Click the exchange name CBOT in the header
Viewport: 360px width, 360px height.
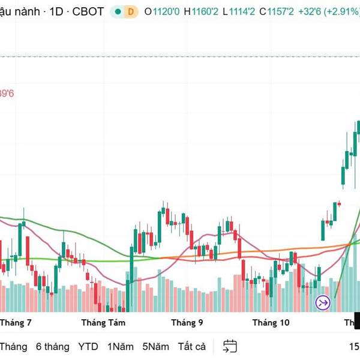[88, 11]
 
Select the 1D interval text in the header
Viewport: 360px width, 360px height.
[58, 11]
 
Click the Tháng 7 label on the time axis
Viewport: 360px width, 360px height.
[16, 323]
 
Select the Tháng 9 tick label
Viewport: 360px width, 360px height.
[187, 323]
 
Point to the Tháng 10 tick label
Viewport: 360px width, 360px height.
[271, 323]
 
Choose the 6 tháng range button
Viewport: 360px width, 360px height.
[52, 346]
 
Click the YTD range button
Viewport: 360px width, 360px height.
[88, 346]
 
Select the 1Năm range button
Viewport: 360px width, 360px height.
[121, 346]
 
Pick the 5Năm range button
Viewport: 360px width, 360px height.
[155, 346]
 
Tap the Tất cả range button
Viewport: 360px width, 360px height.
[191, 346]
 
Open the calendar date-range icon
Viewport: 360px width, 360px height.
[229, 346]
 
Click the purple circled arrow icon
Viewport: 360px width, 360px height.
[323, 303]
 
